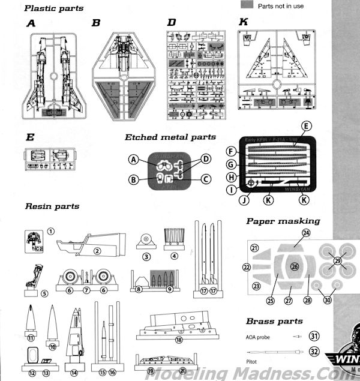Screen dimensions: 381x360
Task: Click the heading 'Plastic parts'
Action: pos(54,8)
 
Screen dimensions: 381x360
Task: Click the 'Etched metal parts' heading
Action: pos(170,137)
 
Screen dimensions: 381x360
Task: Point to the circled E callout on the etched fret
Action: pos(306,126)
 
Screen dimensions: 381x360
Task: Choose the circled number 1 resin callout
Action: pos(51,230)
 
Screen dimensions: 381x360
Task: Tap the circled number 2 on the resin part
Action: pos(97,251)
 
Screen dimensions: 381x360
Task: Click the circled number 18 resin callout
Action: pos(178,340)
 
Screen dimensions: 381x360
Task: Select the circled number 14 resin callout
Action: pos(74,373)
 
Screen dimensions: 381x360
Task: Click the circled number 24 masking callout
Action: pos(306,232)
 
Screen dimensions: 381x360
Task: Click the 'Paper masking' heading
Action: pos(283,221)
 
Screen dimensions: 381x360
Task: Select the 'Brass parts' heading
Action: pos(274,321)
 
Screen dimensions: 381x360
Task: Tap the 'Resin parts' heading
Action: pos(52,206)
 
